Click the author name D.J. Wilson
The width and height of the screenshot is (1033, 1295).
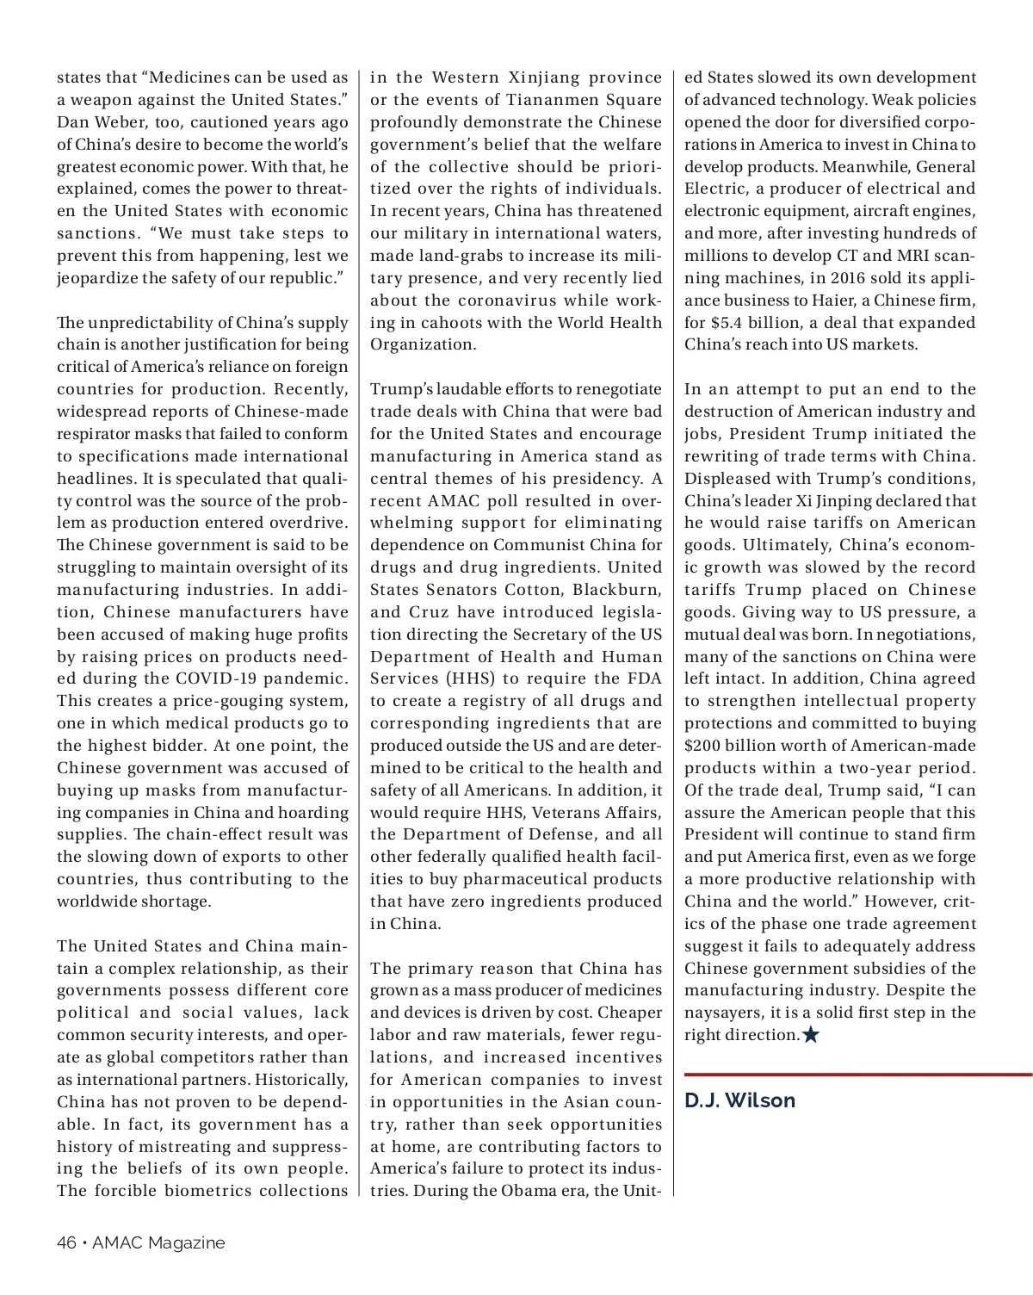click(x=739, y=1100)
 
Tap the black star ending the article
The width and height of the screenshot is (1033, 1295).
click(x=811, y=1035)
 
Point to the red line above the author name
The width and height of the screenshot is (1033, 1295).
click(x=857, y=1075)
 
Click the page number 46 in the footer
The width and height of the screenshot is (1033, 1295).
click(x=66, y=1242)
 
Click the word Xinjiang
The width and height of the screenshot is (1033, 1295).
click(x=544, y=77)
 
